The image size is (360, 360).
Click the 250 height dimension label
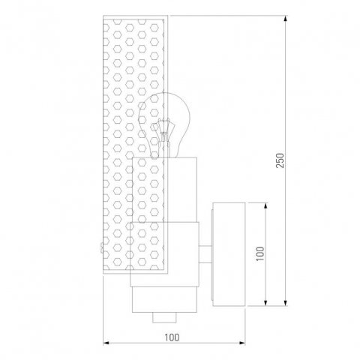[x=280, y=160]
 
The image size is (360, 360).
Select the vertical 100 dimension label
[x=260, y=253]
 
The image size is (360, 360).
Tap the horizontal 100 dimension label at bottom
[x=172, y=337]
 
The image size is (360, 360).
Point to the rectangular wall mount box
[x=229, y=254]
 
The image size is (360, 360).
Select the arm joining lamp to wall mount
[x=205, y=254]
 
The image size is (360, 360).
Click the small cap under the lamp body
[x=164, y=317]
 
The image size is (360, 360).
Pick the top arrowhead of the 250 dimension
[x=285, y=19]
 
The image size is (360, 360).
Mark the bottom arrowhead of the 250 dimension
[x=285, y=302]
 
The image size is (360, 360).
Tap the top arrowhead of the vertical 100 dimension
[x=265, y=206]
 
